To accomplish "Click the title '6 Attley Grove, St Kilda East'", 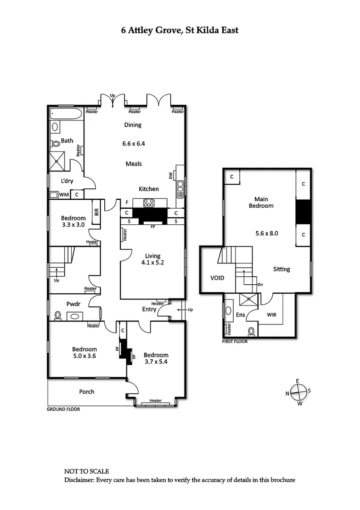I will pos(180,30).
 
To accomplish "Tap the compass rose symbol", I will pos(298,392).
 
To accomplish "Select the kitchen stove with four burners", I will pos(150,203).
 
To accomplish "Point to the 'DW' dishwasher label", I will pos(171,176).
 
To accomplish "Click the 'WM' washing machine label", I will pos(64,194).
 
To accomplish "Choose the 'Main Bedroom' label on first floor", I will pos(260,202).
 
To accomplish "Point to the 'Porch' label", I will pos(86,391).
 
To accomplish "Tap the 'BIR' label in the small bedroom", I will pos(96,212).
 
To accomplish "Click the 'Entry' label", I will pos(149,309).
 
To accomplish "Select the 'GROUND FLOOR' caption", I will pos(63,409).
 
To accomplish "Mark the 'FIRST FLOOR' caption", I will pos(234,341).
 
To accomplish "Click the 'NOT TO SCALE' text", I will pos(86,471).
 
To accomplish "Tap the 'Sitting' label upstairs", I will pos(282,269).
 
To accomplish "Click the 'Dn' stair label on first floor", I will pos(260,284).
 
